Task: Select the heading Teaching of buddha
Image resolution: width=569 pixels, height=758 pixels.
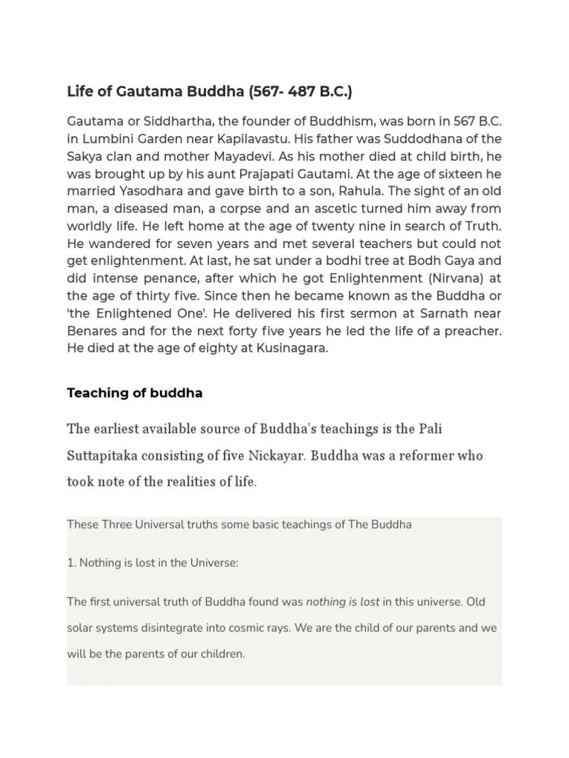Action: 135,393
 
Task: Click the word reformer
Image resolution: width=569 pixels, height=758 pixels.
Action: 432,455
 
